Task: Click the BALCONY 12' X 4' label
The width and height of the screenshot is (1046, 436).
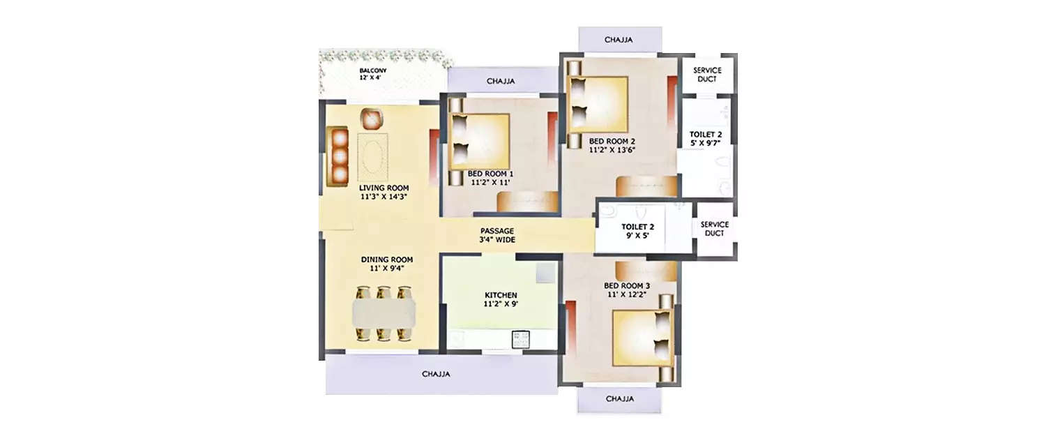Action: click(x=372, y=74)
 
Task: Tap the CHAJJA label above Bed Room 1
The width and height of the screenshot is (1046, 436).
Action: click(x=500, y=81)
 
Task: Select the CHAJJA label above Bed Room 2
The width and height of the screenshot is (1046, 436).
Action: click(x=619, y=40)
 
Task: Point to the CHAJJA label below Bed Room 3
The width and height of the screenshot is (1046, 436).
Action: click(x=619, y=399)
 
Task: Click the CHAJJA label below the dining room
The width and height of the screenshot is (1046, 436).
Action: click(x=436, y=374)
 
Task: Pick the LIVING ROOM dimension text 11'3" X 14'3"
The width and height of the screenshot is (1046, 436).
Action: click(x=384, y=197)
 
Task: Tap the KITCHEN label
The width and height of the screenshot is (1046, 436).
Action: click(x=501, y=295)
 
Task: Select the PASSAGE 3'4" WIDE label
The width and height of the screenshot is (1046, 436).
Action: click(x=497, y=235)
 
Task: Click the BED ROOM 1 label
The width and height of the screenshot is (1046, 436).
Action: click(x=490, y=174)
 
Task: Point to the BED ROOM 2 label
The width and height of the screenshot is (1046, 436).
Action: click(x=612, y=140)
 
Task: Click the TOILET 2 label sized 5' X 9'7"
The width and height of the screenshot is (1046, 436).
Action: click(x=705, y=137)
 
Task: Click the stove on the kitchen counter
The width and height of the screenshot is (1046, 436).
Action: click(x=521, y=340)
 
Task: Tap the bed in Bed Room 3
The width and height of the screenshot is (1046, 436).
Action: click(x=642, y=337)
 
